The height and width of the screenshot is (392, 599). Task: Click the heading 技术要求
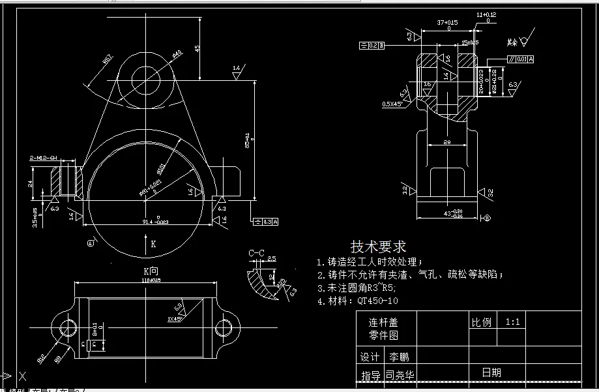[378, 247]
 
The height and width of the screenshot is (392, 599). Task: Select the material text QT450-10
[377, 301]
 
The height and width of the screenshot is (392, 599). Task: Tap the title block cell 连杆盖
[383, 322]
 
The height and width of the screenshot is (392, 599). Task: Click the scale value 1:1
[512, 322]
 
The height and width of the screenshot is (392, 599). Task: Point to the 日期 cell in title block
[491, 372]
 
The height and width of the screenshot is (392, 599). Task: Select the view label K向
[151, 271]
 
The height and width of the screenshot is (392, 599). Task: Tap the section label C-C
[256, 253]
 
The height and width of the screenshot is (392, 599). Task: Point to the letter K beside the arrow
[153, 244]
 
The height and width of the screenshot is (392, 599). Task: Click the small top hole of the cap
[146, 80]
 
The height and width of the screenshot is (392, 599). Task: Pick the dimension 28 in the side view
[447, 142]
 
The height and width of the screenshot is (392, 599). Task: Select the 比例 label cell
[481, 322]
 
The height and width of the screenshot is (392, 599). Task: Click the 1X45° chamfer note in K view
[175, 320]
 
